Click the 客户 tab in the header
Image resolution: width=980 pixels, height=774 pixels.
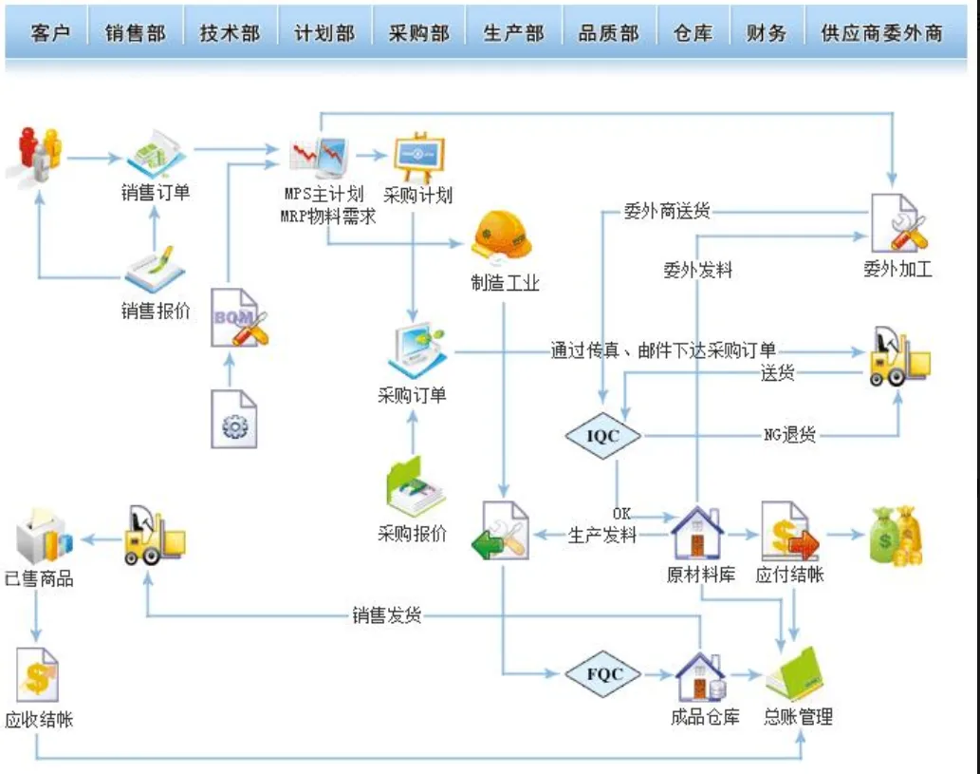(51, 33)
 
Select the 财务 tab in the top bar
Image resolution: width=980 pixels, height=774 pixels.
(766, 33)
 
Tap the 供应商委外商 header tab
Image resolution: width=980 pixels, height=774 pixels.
(881, 33)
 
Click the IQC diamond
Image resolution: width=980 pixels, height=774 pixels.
(602, 436)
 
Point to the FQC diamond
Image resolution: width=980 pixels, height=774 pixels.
(603, 674)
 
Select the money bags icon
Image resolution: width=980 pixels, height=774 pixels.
(896, 536)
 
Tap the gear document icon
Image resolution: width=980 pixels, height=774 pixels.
(233, 419)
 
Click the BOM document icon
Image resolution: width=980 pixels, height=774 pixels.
(236, 317)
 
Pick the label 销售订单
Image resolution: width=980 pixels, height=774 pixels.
(156, 193)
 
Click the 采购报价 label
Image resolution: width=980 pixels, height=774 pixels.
(412, 533)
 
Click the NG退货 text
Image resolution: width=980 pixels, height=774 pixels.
(789, 436)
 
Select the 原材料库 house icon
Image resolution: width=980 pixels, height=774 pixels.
(697, 533)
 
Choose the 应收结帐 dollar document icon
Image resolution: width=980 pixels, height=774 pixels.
(38, 675)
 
